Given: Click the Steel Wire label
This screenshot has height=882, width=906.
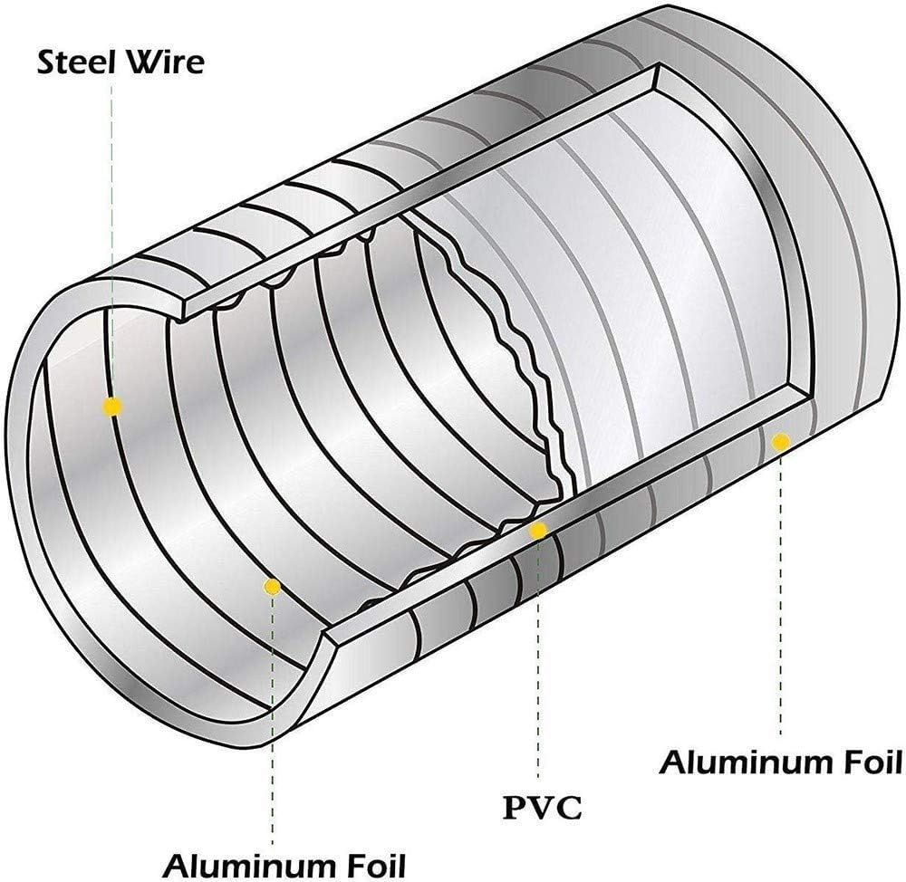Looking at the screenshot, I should point(120,62).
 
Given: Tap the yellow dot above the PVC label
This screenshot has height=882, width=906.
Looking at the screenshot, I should point(538,531).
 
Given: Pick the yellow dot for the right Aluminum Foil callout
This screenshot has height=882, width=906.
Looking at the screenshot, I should point(779,441).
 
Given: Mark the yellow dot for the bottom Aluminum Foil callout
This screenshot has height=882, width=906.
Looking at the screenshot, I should point(271,588).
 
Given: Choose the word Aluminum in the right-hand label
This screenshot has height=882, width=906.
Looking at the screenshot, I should point(738,763).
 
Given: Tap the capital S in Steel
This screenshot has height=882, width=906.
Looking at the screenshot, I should point(44,62).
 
